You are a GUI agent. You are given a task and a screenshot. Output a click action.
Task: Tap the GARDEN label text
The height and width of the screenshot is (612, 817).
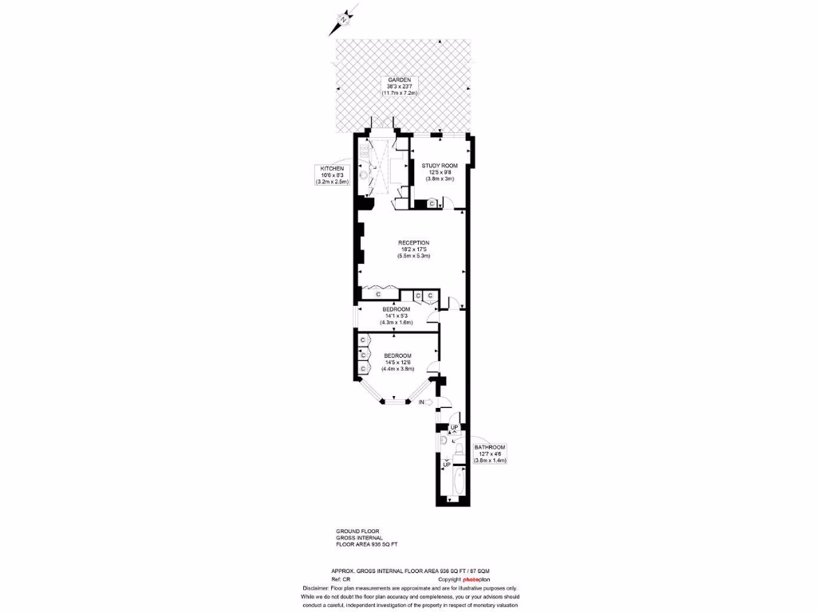[399, 80]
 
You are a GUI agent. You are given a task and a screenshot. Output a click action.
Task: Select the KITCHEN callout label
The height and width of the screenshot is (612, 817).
[332, 169]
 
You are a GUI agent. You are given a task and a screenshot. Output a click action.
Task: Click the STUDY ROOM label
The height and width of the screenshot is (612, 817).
[439, 165]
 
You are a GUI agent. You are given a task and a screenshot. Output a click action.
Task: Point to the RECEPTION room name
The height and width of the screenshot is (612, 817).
[414, 242]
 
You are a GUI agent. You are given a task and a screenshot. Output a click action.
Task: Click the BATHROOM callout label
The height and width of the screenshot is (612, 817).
[490, 448]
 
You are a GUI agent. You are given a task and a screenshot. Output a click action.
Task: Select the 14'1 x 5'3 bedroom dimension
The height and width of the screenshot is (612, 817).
[396, 316]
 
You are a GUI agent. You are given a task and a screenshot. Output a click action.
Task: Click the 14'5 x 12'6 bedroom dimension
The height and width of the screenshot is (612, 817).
[398, 362]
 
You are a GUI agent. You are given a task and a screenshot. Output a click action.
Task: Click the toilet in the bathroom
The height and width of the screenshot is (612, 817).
[443, 440]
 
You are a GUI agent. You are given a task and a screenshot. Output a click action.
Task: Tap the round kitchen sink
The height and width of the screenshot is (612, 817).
[364, 173]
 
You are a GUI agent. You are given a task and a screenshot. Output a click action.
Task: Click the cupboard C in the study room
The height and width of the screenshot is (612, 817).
[432, 204]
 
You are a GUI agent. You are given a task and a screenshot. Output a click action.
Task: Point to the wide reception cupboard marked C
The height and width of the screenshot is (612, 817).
[378, 294]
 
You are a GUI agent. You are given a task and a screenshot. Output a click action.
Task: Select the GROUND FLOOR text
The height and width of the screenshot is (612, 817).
[357, 531]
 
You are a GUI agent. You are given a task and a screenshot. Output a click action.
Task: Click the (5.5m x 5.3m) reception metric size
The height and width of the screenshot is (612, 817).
[414, 256]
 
